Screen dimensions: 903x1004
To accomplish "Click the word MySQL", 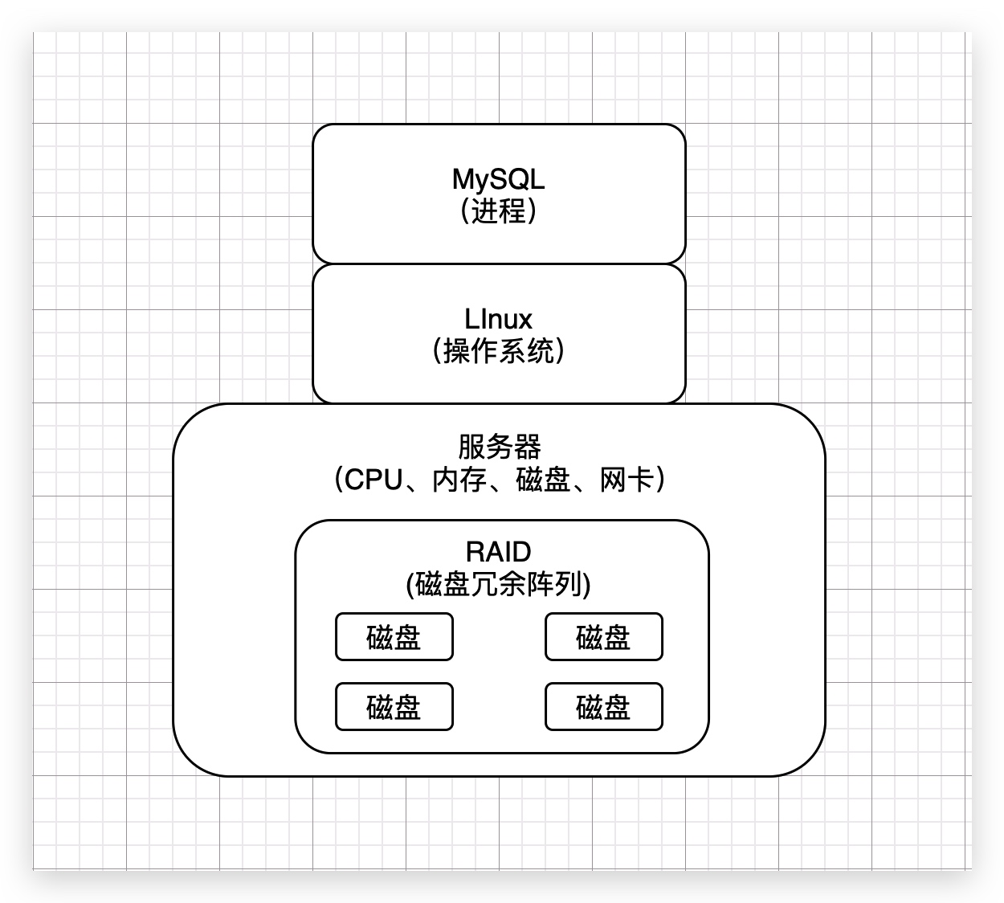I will pyautogui.click(x=498, y=179).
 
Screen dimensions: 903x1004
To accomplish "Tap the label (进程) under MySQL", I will pyautogui.click(x=498, y=211).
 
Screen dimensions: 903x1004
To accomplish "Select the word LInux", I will pyautogui.click(x=498, y=319).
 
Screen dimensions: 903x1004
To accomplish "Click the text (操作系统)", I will pyautogui.click(x=498, y=351).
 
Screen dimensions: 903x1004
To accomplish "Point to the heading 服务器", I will pyautogui.click(x=499, y=447).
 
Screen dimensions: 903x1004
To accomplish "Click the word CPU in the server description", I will pyautogui.click(x=373, y=480).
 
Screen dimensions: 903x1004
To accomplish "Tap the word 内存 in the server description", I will pyautogui.click(x=459, y=480).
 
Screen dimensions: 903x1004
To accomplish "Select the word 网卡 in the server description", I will pyautogui.click(x=625, y=480).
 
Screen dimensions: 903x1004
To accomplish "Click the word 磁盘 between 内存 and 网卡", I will pyautogui.click(x=542, y=480).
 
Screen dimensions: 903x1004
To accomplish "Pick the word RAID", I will pyautogui.click(x=498, y=552).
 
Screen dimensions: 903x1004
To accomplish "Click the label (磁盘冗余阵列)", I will pyautogui.click(x=498, y=584).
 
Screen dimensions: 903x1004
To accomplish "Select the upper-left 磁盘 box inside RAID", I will pyautogui.click(x=394, y=637).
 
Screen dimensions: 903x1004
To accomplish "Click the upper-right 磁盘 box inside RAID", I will pyautogui.click(x=603, y=637).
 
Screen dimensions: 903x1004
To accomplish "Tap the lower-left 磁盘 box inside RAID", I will pyautogui.click(x=394, y=707).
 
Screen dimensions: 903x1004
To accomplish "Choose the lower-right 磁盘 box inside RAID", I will pyautogui.click(x=603, y=707).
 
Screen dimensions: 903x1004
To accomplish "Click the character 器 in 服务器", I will pyautogui.click(x=527, y=447).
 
